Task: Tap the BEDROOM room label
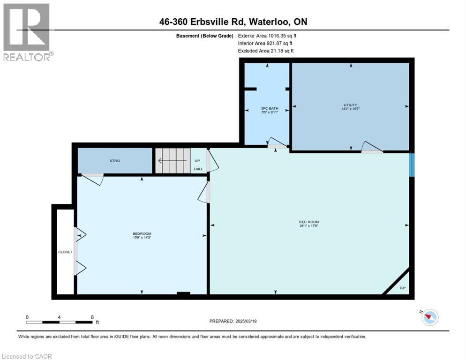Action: pos(142,233)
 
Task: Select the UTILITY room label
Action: pos(350,105)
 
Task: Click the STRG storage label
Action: pos(115,161)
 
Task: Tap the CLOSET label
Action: pos(65,252)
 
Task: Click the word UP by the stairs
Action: pos(197,160)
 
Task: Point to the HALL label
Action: pos(198,169)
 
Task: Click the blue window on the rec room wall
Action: pos(412,165)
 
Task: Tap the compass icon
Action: pos(429,317)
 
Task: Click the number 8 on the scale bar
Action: pos(92,317)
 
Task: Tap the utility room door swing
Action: pos(372,147)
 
